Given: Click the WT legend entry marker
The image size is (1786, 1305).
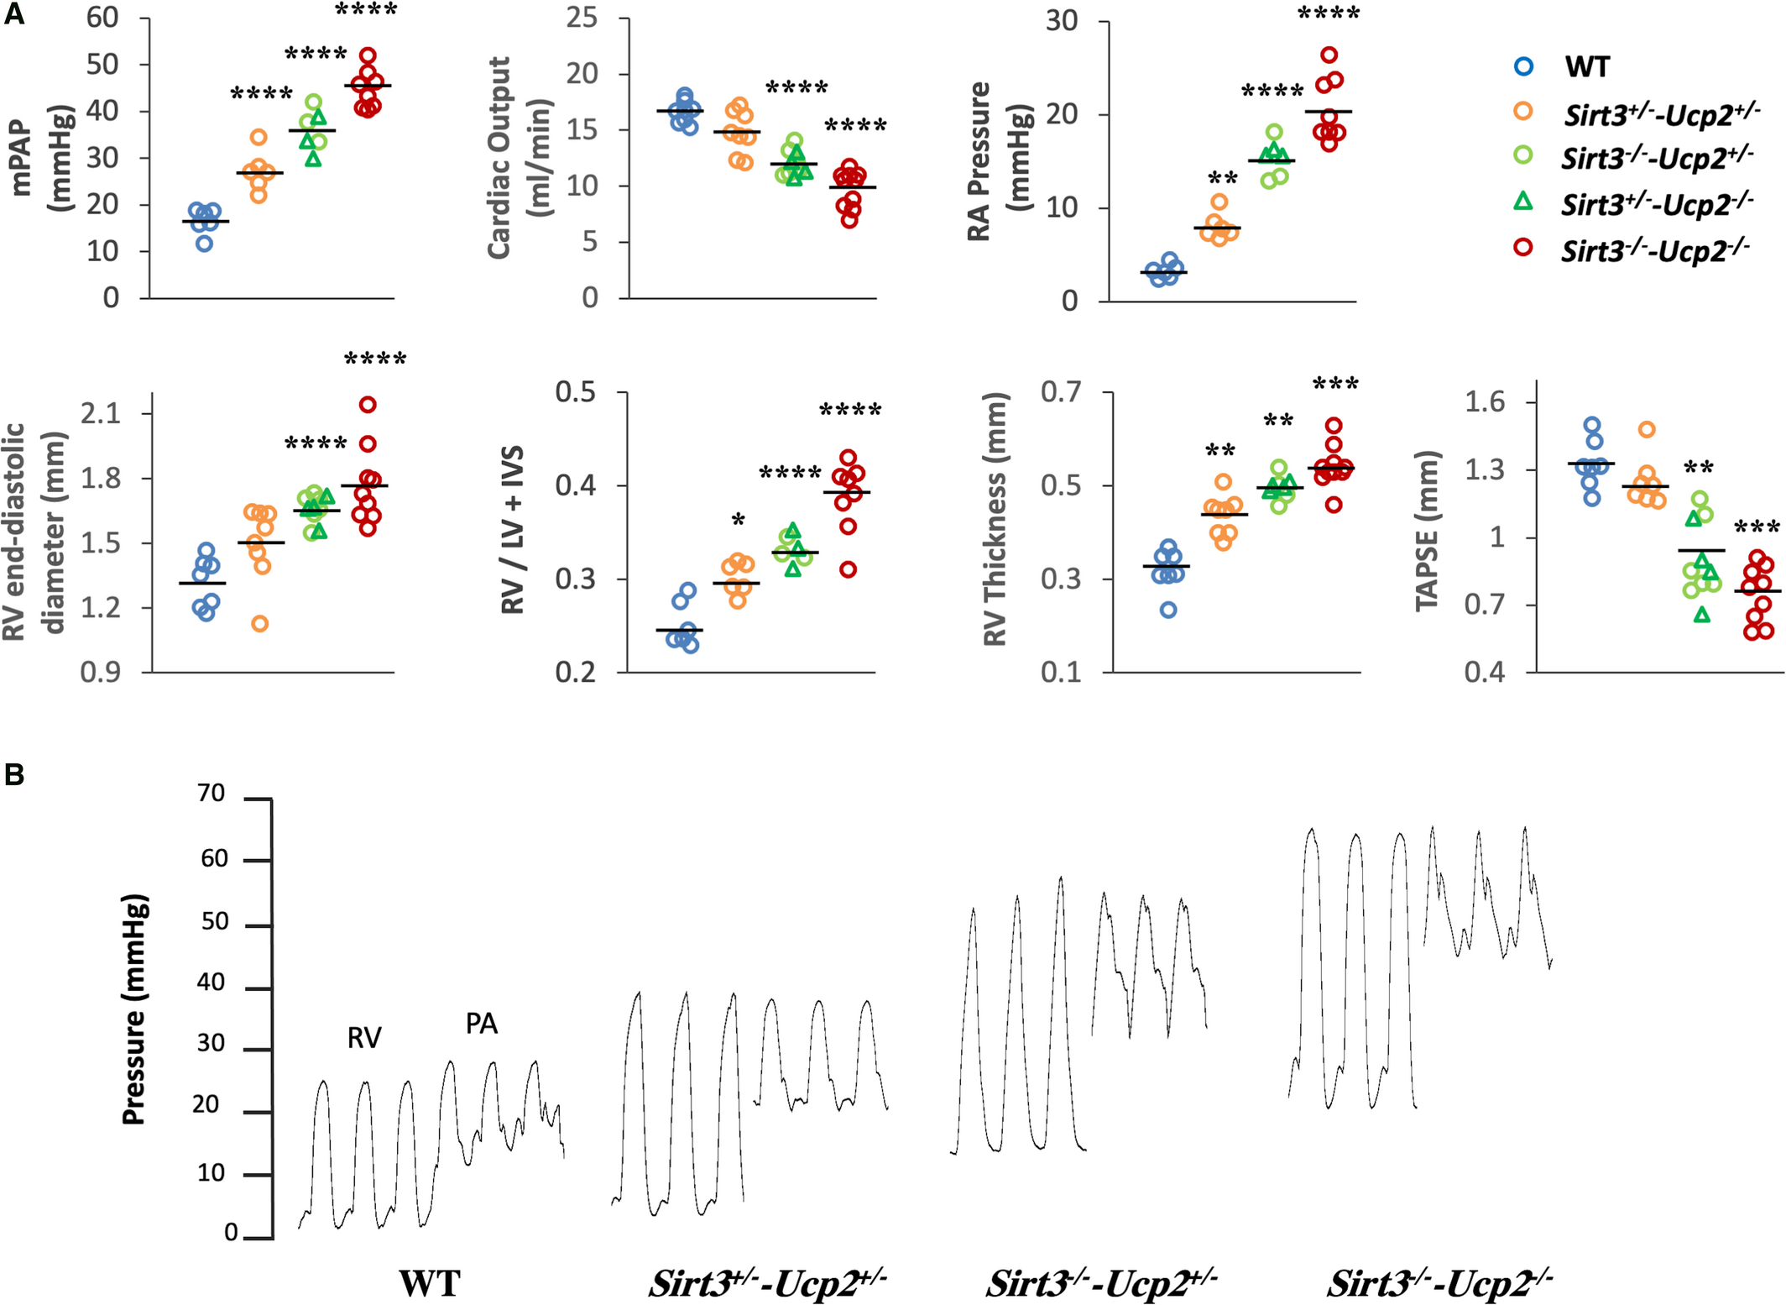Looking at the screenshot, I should [1523, 66].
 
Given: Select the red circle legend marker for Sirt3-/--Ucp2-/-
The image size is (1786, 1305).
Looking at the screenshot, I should [1523, 248].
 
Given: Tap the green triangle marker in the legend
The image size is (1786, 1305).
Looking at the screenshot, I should [1523, 202].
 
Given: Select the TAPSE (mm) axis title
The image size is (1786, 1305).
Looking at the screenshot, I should [1427, 531].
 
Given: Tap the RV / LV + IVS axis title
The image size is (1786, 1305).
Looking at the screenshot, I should [512, 531].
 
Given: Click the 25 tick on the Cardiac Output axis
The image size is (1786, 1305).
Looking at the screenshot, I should [582, 18].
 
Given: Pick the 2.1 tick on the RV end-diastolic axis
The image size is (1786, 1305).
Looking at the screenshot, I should [101, 413].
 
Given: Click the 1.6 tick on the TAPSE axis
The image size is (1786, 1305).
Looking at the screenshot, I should [1485, 402].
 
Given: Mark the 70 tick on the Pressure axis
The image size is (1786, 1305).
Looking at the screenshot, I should [211, 794].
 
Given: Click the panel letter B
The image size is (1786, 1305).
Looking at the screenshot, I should [14, 774].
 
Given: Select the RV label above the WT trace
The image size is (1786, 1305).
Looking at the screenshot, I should [364, 1039].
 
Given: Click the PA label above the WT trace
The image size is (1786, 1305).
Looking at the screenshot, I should [482, 1024].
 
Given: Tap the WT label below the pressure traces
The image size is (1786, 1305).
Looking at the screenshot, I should [430, 1284].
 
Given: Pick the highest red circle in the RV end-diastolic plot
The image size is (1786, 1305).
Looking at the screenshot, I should [368, 405].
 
